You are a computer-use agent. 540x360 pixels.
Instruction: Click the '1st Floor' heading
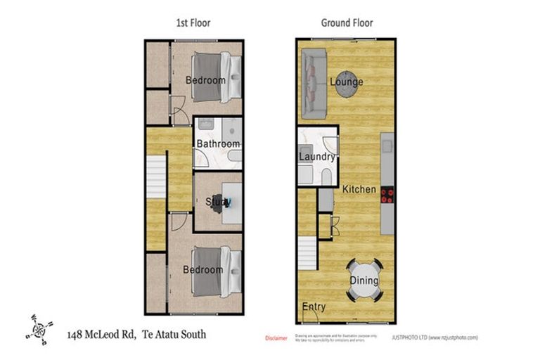click(193, 22)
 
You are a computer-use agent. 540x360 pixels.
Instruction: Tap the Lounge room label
click(347, 82)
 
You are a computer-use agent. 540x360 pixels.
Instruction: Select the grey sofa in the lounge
click(313, 84)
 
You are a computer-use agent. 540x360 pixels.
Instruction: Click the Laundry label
click(316, 156)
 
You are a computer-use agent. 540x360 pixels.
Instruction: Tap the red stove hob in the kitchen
click(387, 194)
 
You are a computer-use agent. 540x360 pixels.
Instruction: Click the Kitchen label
click(359, 189)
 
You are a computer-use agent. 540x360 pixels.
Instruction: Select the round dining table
click(364, 281)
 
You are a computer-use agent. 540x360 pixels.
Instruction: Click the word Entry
click(314, 307)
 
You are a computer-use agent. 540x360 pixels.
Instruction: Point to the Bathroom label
click(218, 144)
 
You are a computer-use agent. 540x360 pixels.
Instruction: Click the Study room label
click(218, 202)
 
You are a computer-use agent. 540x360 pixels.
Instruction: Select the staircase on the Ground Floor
click(309, 253)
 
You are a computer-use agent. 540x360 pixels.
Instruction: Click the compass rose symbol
click(39, 328)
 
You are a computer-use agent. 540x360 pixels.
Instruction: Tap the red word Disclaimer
click(276, 338)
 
